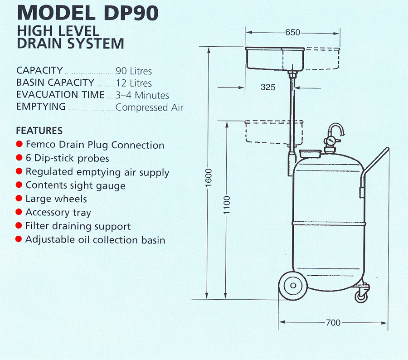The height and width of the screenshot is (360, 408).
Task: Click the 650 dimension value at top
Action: (x=292, y=33)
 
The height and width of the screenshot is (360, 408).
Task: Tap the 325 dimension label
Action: (x=268, y=87)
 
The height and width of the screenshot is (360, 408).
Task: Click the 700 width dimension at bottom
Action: (x=333, y=323)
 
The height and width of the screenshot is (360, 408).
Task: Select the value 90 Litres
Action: (x=134, y=71)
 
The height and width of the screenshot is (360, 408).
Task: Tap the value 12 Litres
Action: (x=134, y=83)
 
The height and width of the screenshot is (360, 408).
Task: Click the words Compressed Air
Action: (x=149, y=108)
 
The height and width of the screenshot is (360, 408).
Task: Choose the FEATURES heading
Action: (x=39, y=131)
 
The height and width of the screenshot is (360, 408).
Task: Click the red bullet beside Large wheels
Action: (x=19, y=199)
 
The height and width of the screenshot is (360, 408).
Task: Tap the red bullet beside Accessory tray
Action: (x=19, y=212)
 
